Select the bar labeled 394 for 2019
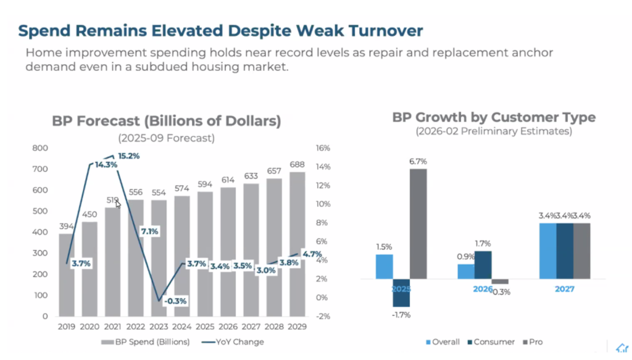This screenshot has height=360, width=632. point(66,275)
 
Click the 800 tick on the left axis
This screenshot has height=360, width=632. point(40,148)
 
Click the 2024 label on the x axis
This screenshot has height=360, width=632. point(181,327)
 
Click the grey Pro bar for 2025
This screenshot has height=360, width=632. point(418,224)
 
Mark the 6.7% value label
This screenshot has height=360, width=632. point(418,161)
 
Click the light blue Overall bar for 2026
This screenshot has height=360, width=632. point(465,272)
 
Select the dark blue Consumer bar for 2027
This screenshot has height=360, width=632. point(564,251)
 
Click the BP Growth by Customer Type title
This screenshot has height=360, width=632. point(494,117)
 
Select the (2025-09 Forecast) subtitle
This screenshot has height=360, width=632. point(166,138)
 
